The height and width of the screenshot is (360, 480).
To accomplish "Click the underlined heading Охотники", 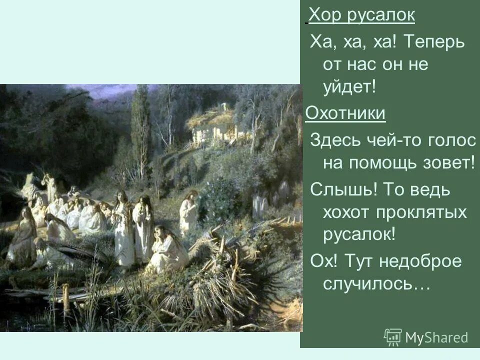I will pos(345,113).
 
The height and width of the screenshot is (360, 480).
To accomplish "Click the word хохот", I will pos(348,212).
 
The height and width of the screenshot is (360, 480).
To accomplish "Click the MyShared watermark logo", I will pos(426,337).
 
